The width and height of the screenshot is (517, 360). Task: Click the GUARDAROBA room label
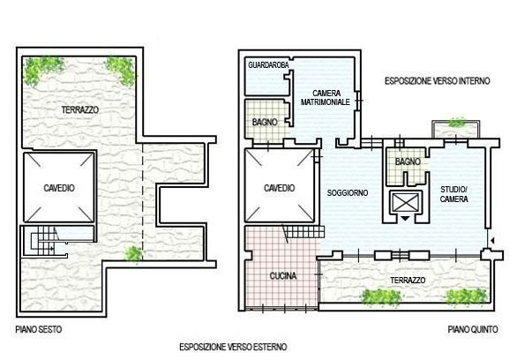(268, 65)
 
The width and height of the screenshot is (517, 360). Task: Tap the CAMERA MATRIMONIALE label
(325, 98)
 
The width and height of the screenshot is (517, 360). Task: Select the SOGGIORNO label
(348, 193)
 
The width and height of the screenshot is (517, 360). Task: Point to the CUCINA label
(283, 275)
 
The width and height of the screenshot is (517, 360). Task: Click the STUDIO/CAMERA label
(454, 194)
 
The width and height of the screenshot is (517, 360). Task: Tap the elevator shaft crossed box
(406, 202)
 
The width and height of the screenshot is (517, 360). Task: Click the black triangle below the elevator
(405, 218)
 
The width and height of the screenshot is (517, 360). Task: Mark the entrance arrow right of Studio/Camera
(492, 241)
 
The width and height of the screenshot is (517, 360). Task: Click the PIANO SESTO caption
(39, 329)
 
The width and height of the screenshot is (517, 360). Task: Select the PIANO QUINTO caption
(473, 329)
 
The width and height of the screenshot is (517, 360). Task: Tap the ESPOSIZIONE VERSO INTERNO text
(438, 81)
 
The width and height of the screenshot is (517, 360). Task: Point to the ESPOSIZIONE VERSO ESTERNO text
(233, 347)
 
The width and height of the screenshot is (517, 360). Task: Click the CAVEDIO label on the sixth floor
(59, 188)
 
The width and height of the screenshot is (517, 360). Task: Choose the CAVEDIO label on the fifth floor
(280, 188)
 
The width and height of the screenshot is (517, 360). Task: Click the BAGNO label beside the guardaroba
(265, 123)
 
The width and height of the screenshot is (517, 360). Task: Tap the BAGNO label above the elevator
(408, 161)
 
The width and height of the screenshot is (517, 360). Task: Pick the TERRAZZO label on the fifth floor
(408, 281)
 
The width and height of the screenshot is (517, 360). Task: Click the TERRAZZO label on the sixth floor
(80, 109)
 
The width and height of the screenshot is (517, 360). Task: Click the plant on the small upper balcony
(457, 123)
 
